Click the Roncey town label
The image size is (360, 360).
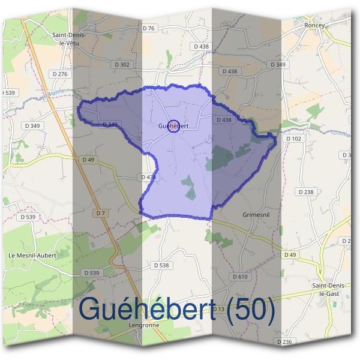tap(314, 26)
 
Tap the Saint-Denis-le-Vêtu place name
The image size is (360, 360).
tap(69, 38)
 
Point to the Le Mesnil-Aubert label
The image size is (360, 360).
tap(32, 255)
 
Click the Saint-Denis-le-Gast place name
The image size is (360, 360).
tap(327, 290)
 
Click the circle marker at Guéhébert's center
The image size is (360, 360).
tap(173, 126)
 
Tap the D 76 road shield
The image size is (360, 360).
tap(148, 28)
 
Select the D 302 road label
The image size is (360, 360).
tap(121, 64)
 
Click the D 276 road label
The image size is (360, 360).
tap(60, 74)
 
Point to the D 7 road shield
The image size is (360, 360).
tap(100, 213)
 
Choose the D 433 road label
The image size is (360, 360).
tap(148, 177)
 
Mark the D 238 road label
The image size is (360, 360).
tap(305, 192)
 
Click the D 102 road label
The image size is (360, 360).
tap(294, 139)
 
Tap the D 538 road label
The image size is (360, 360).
tap(161, 265)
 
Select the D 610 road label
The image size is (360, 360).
tap(239, 277)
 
